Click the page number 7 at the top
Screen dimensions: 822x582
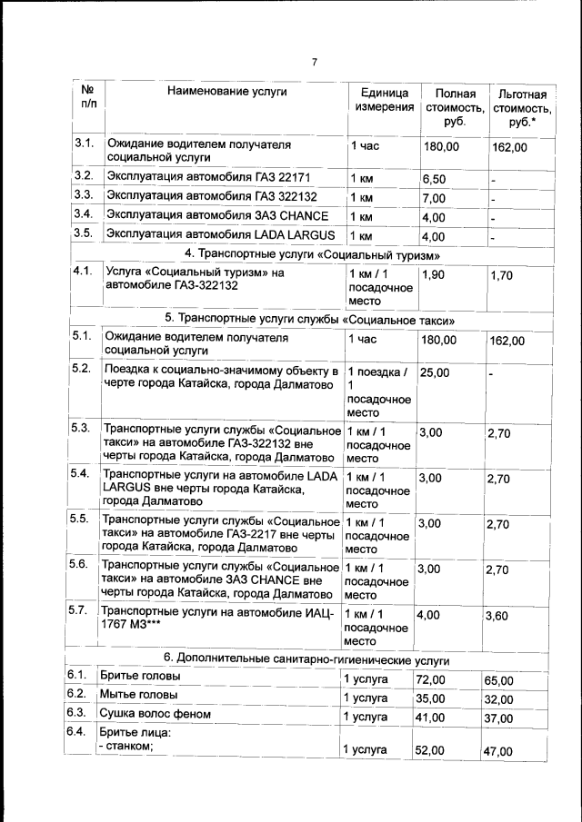click(314, 63)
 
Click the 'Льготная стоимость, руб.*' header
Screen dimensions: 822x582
click(522, 108)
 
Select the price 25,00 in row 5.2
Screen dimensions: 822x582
click(436, 372)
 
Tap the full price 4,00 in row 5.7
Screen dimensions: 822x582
click(428, 615)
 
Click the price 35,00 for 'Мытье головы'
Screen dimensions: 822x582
click(431, 698)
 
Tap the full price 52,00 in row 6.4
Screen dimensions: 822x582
click(431, 750)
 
